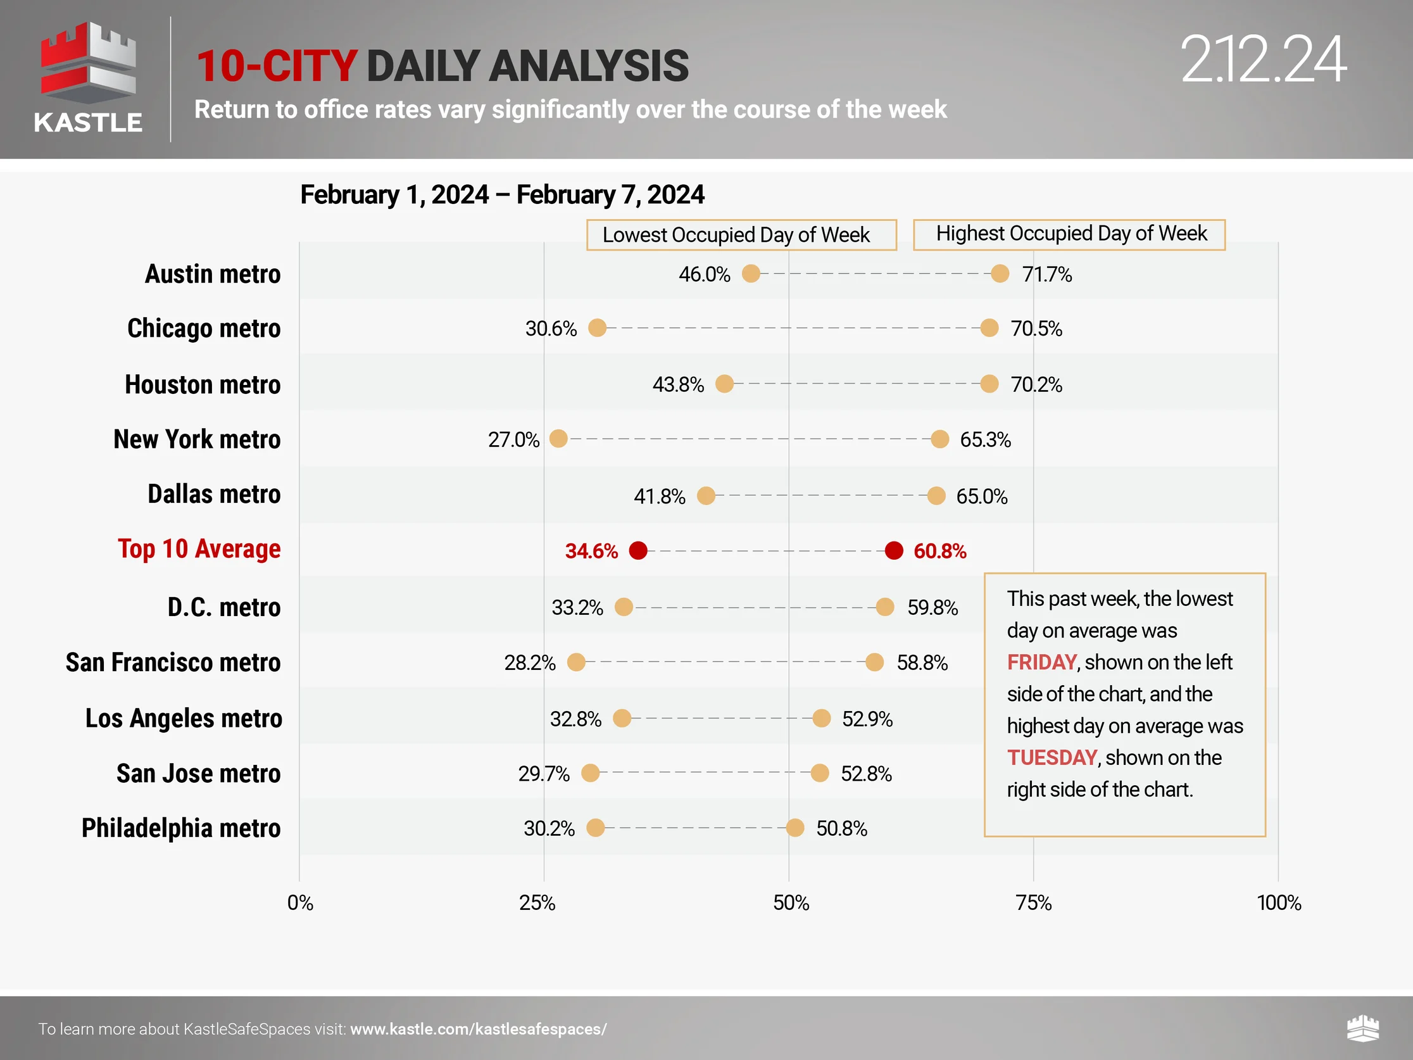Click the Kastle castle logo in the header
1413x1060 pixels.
tap(88, 64)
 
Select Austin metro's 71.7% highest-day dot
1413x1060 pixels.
tap(1000, 274)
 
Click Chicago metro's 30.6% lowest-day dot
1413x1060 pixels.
tap(597, 329)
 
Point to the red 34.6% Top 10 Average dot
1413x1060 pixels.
tap(638, 550)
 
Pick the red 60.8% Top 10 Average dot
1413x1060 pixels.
tap(894, 550)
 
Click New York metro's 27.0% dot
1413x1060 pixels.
tap(558, 439)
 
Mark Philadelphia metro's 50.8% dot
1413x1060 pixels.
tap(794, 828)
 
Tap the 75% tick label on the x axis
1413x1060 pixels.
tap(1034, 903)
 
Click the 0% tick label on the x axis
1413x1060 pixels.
tap(299, 903)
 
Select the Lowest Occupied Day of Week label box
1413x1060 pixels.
tap(741, 235)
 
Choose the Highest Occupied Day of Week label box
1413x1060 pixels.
tap(1069, 234)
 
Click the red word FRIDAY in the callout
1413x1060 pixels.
tap(1042, 662)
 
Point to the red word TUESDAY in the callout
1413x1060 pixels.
tap(1052, 758)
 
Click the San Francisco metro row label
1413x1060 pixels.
tap(173, 662)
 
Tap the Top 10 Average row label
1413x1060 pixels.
tap(199, 550)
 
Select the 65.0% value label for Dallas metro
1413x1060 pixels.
tap(981, 496)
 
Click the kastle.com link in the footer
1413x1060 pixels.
tap(479, 1030)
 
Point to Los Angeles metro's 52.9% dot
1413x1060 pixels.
tap(822, 718)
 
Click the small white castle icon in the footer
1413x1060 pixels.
tap(1362, 1029)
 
